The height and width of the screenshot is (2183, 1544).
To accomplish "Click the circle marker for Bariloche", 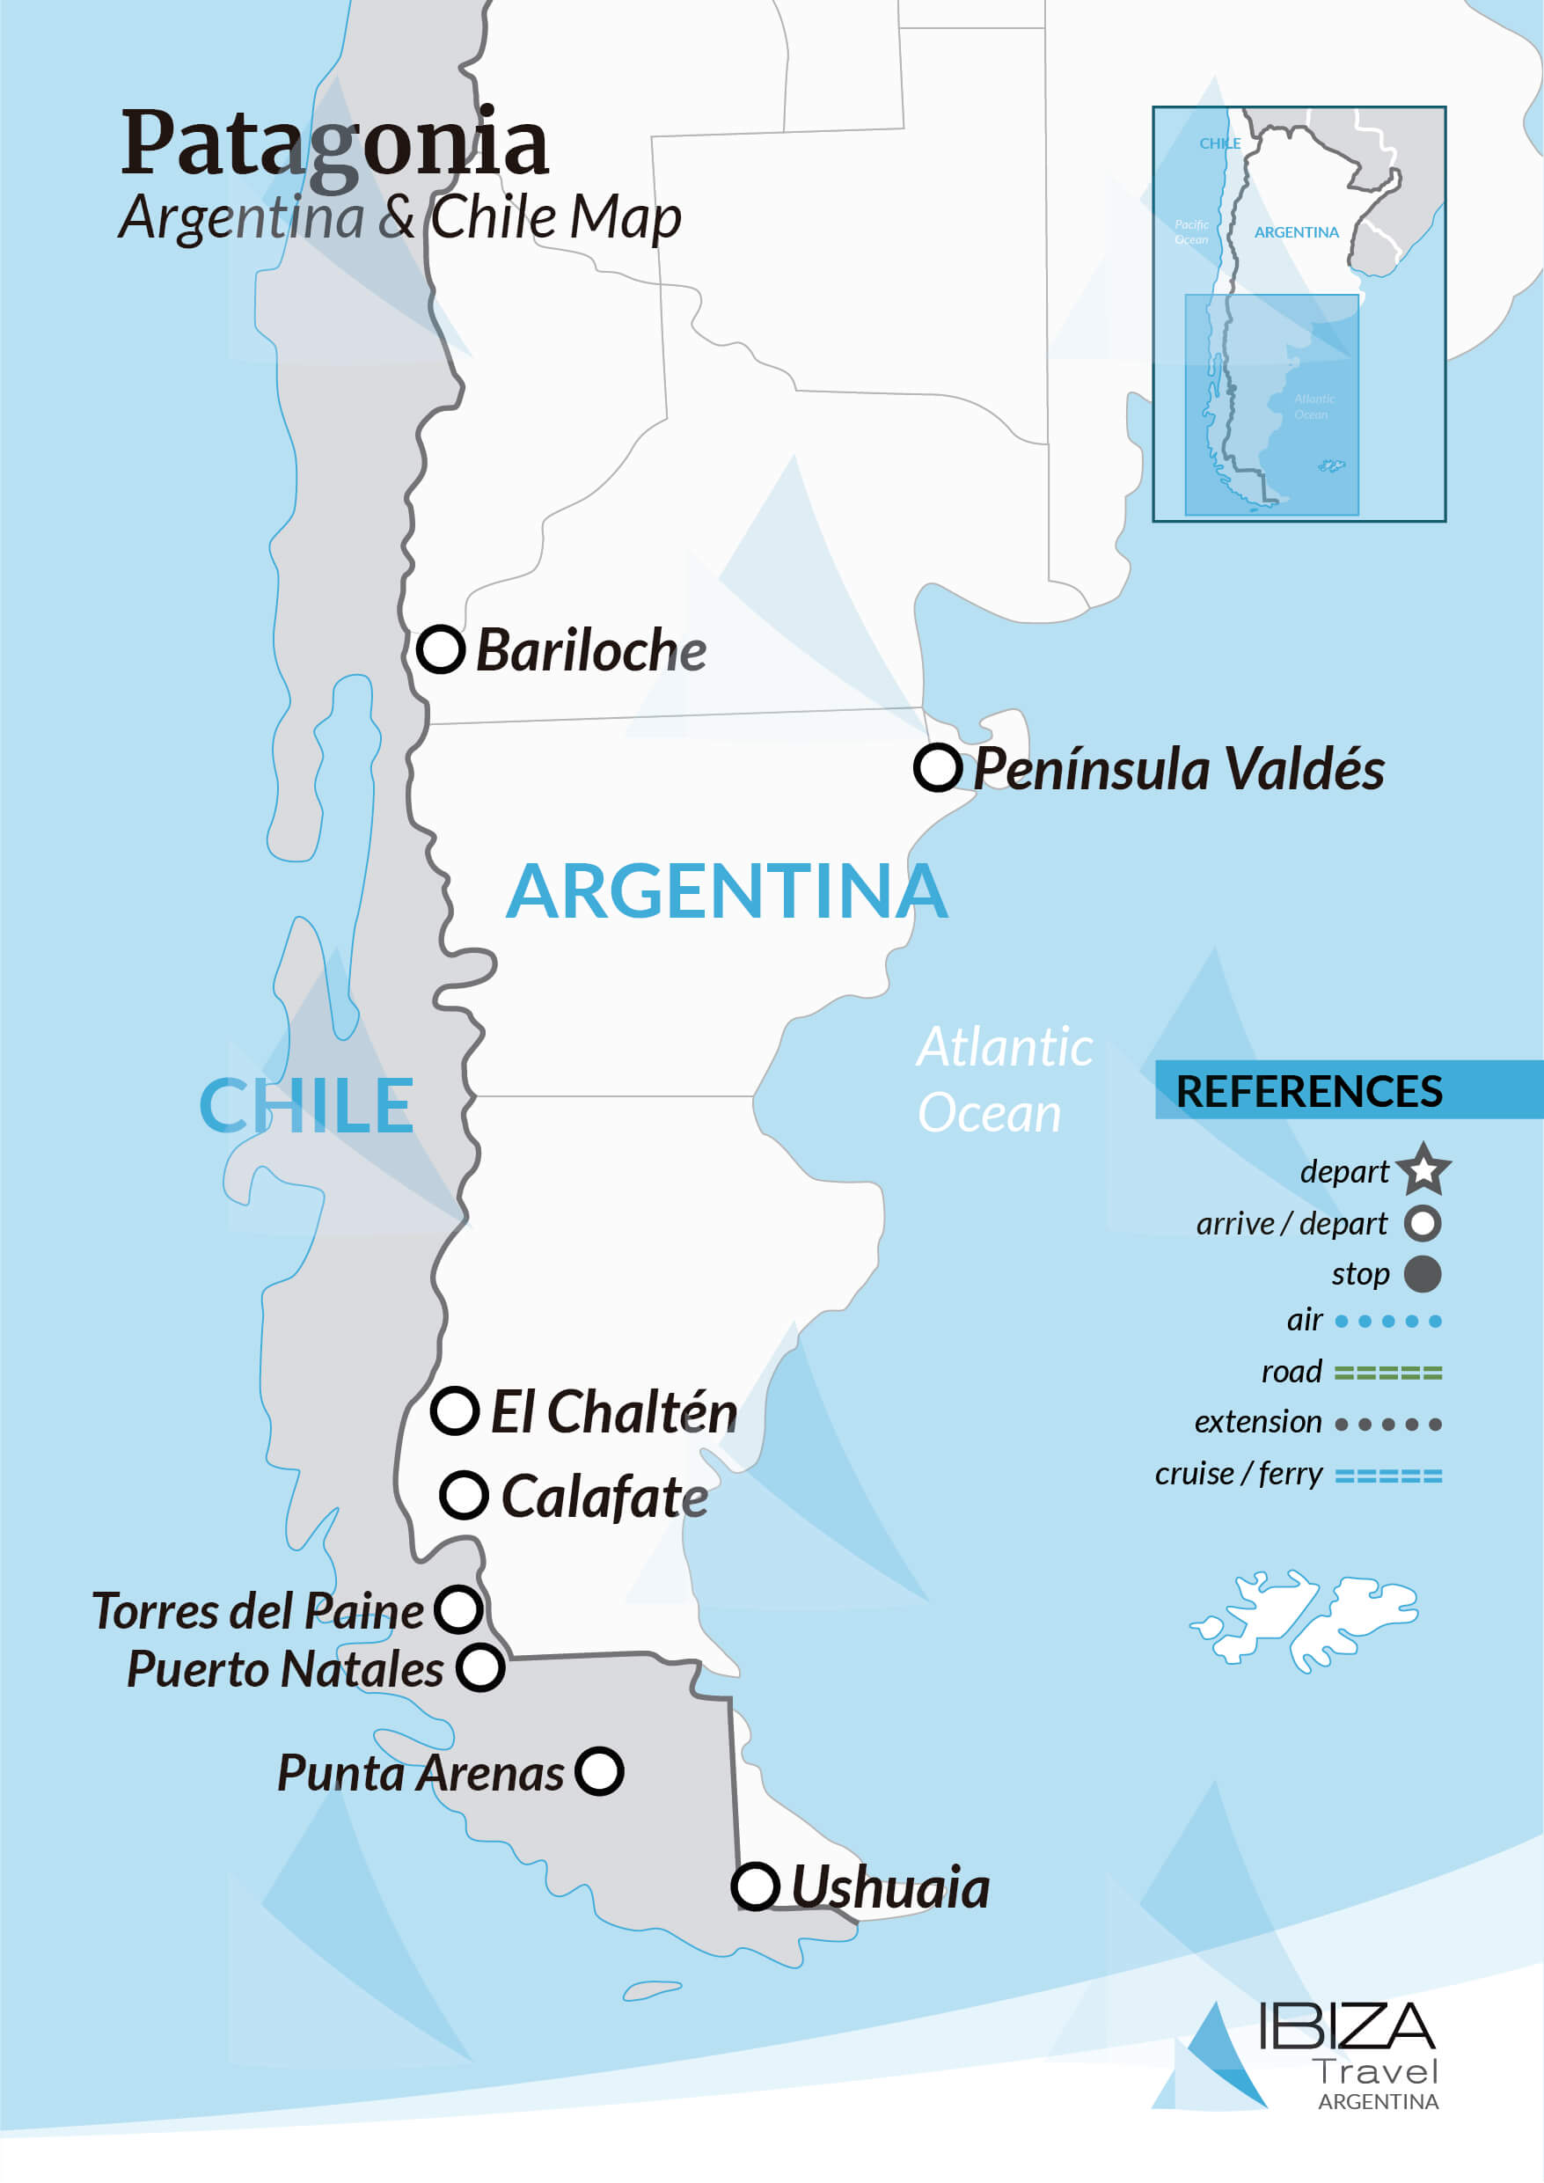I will [x=440, y=649].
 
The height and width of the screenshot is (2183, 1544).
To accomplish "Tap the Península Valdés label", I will [x=1178, y=768].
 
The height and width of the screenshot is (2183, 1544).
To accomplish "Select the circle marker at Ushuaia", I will [x=756, y=1887].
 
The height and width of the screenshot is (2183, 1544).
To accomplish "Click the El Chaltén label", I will [x=613, y=1412].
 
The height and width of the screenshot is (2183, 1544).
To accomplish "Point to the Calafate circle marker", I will [x=464, y=1495].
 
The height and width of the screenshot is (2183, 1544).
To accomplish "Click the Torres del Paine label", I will [x=257, y=1610].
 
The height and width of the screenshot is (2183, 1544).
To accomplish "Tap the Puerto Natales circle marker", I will [x=480, y=1667].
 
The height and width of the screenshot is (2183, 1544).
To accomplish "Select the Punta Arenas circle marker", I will [x=599, y=1771].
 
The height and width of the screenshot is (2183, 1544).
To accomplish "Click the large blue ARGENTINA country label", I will [x=727, y=892].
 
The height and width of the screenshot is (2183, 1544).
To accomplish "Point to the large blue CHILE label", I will [x=306, y=1106].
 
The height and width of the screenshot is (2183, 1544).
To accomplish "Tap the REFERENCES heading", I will [x=1308, y=1090].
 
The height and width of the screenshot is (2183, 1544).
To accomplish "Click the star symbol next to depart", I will [x=1423, y=1169].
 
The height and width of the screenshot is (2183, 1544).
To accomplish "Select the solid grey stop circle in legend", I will [x=1423, y=1274].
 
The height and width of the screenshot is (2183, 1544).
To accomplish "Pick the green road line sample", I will [x=1387, y=1372].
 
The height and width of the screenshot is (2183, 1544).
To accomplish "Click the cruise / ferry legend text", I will [x=1238, y=1474].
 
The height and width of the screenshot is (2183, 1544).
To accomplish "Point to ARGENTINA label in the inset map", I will [x=1296, y=232].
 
